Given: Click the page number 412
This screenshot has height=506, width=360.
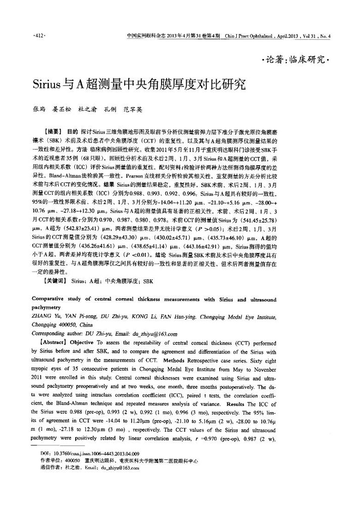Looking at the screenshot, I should [x=38, y=37].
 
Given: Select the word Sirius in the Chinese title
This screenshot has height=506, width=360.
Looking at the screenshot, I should [x=46, y=83].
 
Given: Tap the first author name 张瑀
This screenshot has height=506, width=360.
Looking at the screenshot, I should [x=39, y=108].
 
